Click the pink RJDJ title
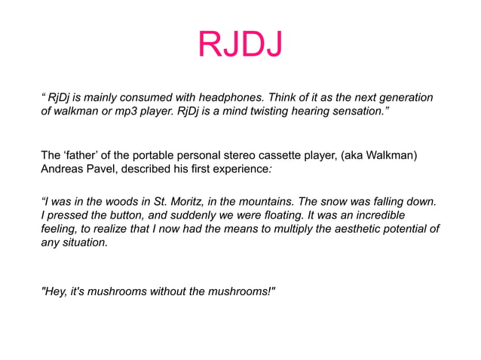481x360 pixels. [x=240, y=45]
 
